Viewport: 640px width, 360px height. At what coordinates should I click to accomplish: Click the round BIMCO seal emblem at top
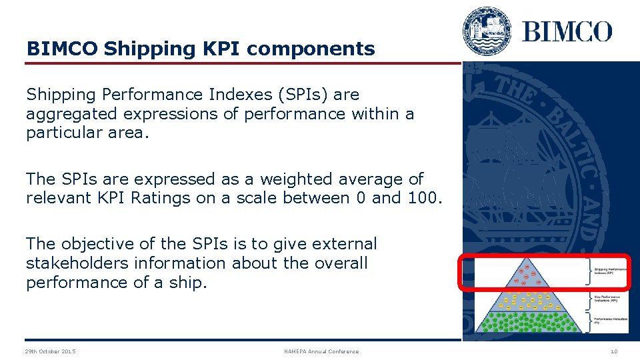point(487,31)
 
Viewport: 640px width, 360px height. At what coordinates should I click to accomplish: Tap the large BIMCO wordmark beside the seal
point(567,31)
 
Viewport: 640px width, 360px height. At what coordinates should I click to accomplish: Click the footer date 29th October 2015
point(50,351)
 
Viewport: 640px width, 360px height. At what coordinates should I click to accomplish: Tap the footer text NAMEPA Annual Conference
point(321,351)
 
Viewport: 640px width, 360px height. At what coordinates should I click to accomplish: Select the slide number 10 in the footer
point(613,351)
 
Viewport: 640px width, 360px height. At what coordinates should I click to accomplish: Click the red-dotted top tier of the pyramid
point(529,273)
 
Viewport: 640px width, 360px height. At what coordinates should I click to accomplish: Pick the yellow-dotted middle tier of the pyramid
point(529,301)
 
